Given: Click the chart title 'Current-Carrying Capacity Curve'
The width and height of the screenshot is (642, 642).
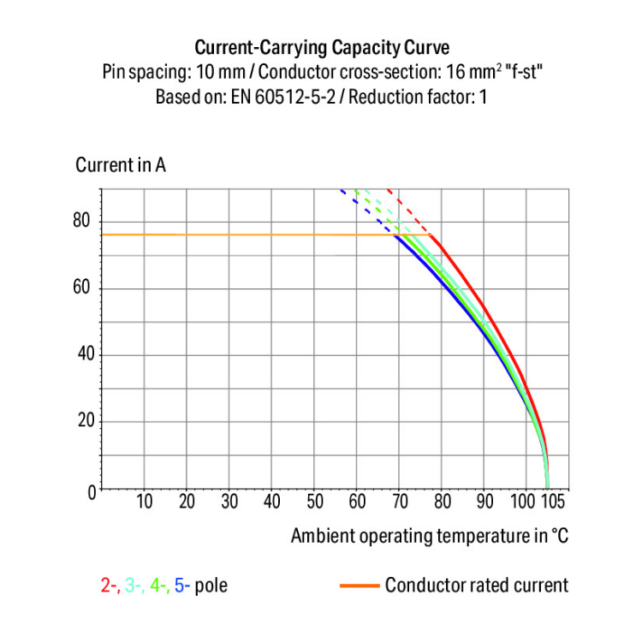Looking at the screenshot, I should point(321,47).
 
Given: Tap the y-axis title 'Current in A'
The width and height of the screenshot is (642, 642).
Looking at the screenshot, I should point(121,165).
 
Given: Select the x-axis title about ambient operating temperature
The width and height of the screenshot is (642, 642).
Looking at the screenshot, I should point(429,537).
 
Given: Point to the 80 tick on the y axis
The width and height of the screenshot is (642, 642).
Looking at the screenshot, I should point(81,222).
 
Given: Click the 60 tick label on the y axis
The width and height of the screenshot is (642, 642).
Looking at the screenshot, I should point(81,288).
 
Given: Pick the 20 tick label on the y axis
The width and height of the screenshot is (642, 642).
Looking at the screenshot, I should point(81,422).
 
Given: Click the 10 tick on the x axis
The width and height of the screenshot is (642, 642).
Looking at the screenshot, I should point(145,502).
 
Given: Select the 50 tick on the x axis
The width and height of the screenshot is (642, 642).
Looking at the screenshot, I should point(315,502).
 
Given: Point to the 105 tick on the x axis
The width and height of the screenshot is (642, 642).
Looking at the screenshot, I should point(552,502).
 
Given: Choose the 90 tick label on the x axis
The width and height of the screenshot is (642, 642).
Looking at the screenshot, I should point(484,502).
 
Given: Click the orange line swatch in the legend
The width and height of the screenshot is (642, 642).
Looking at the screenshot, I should point(359,586).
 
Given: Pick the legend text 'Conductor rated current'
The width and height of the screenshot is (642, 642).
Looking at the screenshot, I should point(476,586).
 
